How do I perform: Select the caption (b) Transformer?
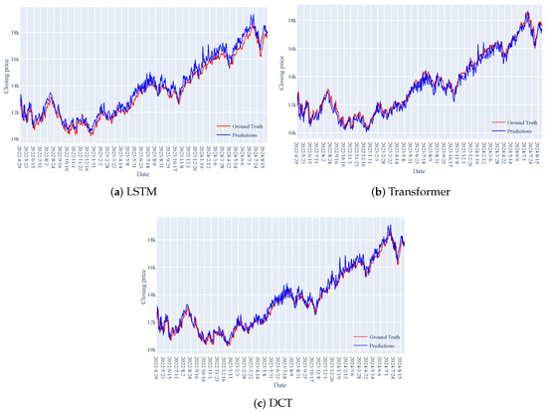click(x=410, y=191)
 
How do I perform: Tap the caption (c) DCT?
click(x=273, y=401)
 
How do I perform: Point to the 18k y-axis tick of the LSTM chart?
click(x=14, y=32)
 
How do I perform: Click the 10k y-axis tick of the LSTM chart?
click(x=14, y=139)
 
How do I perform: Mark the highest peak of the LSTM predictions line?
click(x=253, y=15)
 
